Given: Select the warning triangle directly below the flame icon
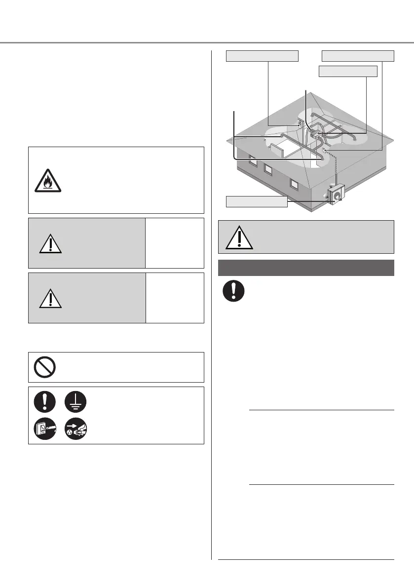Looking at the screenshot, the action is [49, 242].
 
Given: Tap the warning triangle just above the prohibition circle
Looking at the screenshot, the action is [49, 298].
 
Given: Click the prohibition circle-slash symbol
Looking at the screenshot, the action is [44, 367].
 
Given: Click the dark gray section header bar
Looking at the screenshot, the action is [306, 268].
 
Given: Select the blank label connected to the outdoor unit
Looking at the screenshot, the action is [257, 201].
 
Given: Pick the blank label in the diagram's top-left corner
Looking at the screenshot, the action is [263, 56].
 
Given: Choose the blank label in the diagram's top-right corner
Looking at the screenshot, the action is [358, 56].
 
